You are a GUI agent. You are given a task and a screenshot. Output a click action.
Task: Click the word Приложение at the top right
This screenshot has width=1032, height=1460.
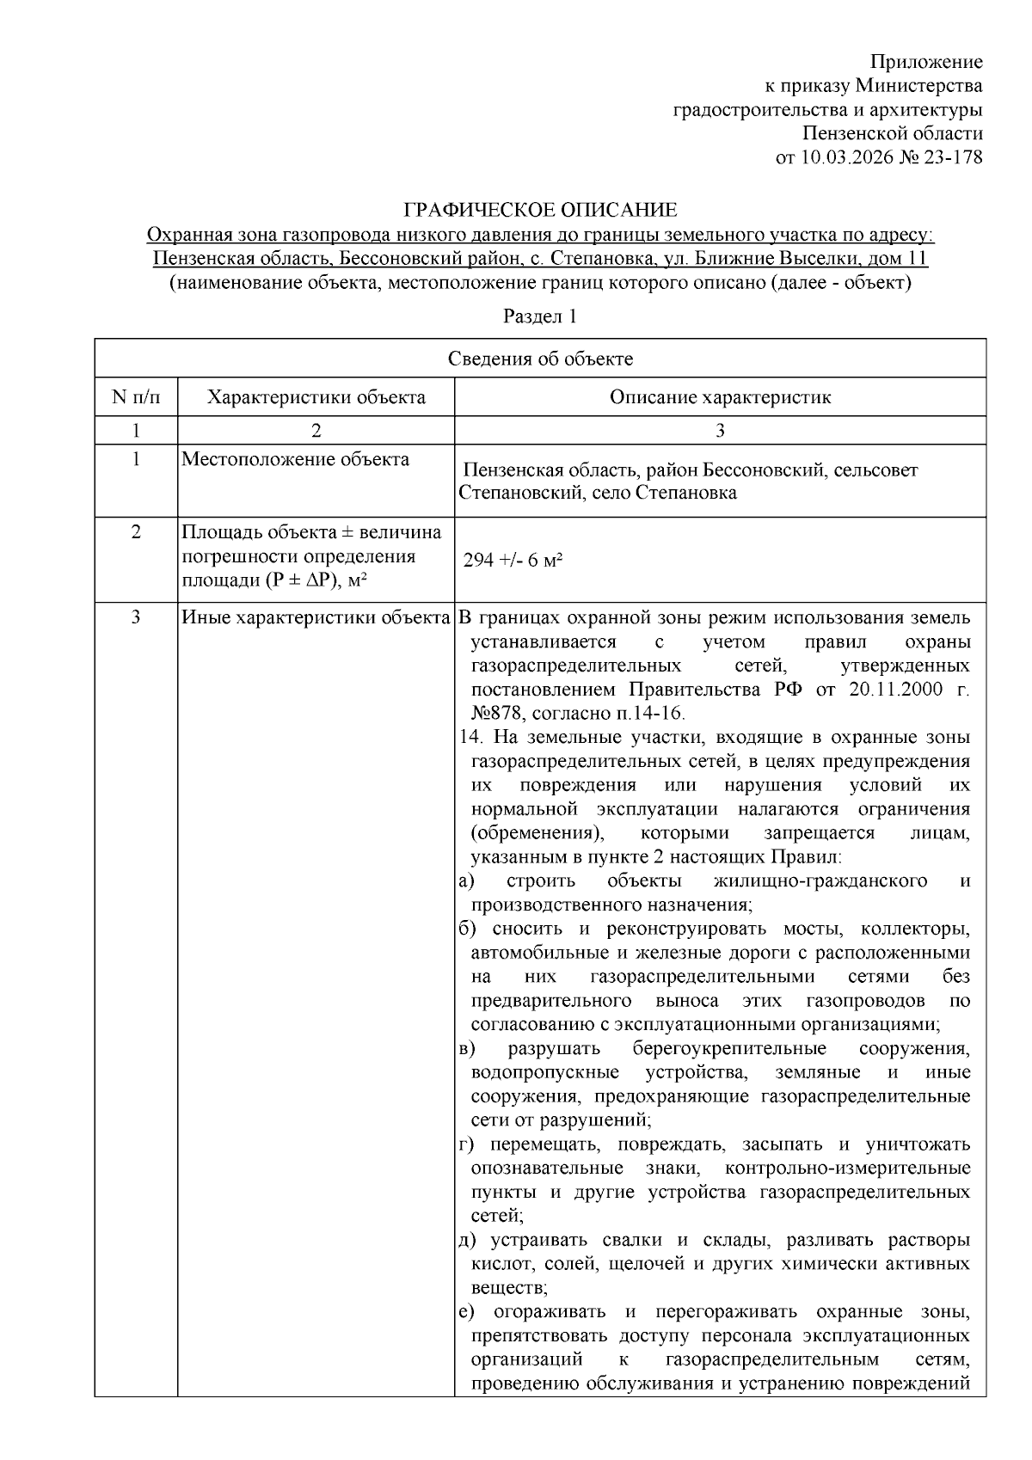point(925,62)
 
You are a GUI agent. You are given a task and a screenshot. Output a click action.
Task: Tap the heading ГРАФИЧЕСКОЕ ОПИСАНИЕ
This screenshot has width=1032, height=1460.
point(540,210)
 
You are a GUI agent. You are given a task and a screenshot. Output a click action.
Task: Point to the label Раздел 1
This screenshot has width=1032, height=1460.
point(539,316)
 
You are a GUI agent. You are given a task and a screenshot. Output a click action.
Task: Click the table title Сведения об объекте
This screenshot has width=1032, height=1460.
point(540,359)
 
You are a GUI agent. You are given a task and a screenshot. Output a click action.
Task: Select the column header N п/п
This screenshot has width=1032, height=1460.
point(136,397)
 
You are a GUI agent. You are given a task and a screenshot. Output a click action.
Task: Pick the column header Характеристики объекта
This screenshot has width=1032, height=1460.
point(316,397)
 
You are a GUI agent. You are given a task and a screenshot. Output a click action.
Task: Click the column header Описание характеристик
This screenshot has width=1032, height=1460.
point(720,397)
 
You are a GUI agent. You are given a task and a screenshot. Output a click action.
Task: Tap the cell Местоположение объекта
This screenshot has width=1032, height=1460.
point(295,459)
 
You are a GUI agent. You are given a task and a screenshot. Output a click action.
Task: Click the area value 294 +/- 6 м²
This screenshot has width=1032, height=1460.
point(513,561)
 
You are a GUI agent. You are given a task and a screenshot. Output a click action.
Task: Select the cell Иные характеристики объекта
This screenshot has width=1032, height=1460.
point(316,617)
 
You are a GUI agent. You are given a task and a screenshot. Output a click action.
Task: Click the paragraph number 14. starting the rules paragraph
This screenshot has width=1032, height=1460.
point(470,738)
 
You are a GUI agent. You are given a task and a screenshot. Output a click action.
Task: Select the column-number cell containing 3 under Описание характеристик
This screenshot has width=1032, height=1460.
point(720,430)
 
